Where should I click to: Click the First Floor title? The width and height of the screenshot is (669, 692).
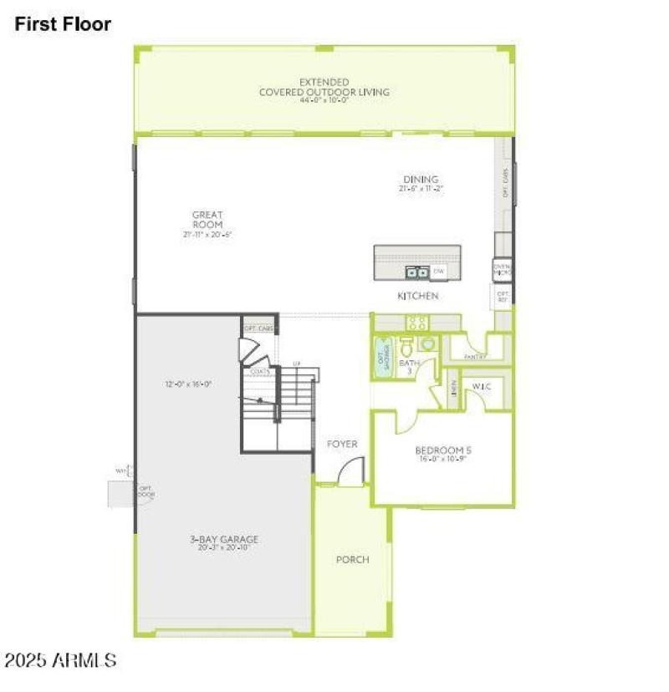point(63,24)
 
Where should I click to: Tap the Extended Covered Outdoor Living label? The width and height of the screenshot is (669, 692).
point(324,88)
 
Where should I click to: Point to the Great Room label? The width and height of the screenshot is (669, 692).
point(207,220)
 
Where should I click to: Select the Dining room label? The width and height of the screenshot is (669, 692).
point(421,180)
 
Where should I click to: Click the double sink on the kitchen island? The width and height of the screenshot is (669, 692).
point(416,272)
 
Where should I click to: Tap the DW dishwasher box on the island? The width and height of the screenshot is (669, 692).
point(439,272)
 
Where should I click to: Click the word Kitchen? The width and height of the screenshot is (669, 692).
point(418,296)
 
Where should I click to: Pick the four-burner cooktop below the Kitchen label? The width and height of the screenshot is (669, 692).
point(416,323)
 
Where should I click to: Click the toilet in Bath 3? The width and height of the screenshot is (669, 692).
point(407,345)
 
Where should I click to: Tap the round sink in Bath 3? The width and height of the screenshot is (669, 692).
point(427,343)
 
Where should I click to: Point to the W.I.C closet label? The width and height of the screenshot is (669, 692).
point(481,386)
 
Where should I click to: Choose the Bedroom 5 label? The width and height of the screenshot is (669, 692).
point(444,452)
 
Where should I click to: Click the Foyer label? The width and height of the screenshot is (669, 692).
point(342,444)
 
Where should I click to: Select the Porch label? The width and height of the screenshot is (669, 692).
point(352,559)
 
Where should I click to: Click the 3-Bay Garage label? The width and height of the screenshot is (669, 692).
point(223,540)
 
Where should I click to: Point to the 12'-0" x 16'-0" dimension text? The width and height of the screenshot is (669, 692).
point(188,384)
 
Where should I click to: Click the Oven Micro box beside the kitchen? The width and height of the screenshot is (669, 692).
point(503,270)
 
